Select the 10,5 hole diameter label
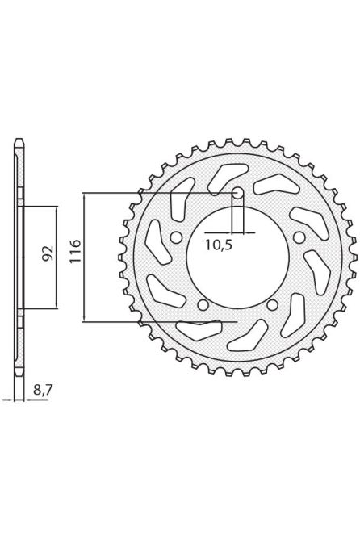pos(218,245)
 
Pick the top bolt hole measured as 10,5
pos(238,193)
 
